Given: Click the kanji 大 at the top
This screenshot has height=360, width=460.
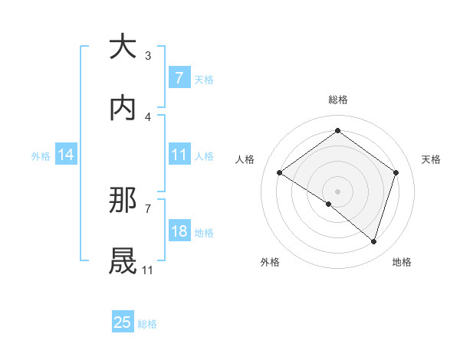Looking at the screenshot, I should coord(123,47).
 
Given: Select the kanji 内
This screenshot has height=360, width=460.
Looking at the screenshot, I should coord(123,108).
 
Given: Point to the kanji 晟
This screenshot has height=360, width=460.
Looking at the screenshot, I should coord(123,260).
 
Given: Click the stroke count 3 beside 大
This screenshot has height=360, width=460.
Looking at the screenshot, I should coord(148,55).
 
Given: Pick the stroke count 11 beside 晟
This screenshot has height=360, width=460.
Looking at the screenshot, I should coord(148,270).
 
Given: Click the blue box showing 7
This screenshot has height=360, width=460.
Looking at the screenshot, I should coord(179,77).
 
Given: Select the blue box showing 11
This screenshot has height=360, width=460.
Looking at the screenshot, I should coord(179,154).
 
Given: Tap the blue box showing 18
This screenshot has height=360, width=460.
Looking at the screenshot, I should coord(179,231).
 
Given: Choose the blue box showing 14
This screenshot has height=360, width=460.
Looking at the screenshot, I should coord(66,155).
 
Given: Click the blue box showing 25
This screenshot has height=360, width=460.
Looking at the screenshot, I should coord(123,322).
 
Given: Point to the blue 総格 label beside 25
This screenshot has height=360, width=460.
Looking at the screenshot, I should coord(147,323).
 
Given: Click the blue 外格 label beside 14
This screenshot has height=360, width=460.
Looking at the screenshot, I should coord(41,155).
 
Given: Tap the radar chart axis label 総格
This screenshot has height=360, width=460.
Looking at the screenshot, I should coord(337,100).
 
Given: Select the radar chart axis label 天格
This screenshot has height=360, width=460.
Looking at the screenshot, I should coord(431,159).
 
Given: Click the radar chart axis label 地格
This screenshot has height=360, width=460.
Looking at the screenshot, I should coord(402,262).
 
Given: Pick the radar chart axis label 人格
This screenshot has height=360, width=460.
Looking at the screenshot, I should coord(245,159).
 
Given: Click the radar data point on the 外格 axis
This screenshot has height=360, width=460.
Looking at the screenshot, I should coord(329,204).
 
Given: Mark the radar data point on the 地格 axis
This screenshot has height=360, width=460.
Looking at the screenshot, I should coord(373,241).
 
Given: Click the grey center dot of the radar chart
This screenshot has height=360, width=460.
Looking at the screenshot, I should coord(337,190).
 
